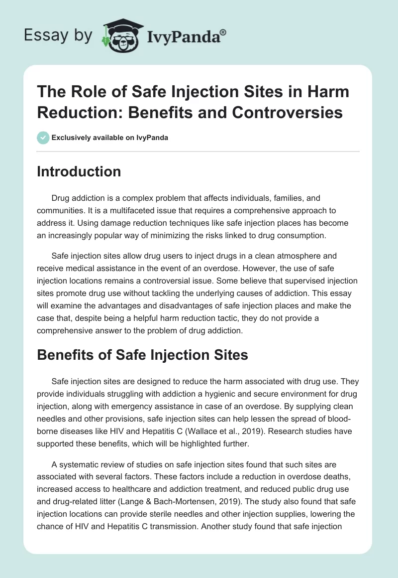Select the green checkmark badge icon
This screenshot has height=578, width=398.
[x=43, y=138]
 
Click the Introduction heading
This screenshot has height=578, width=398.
[x=79, y=171]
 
